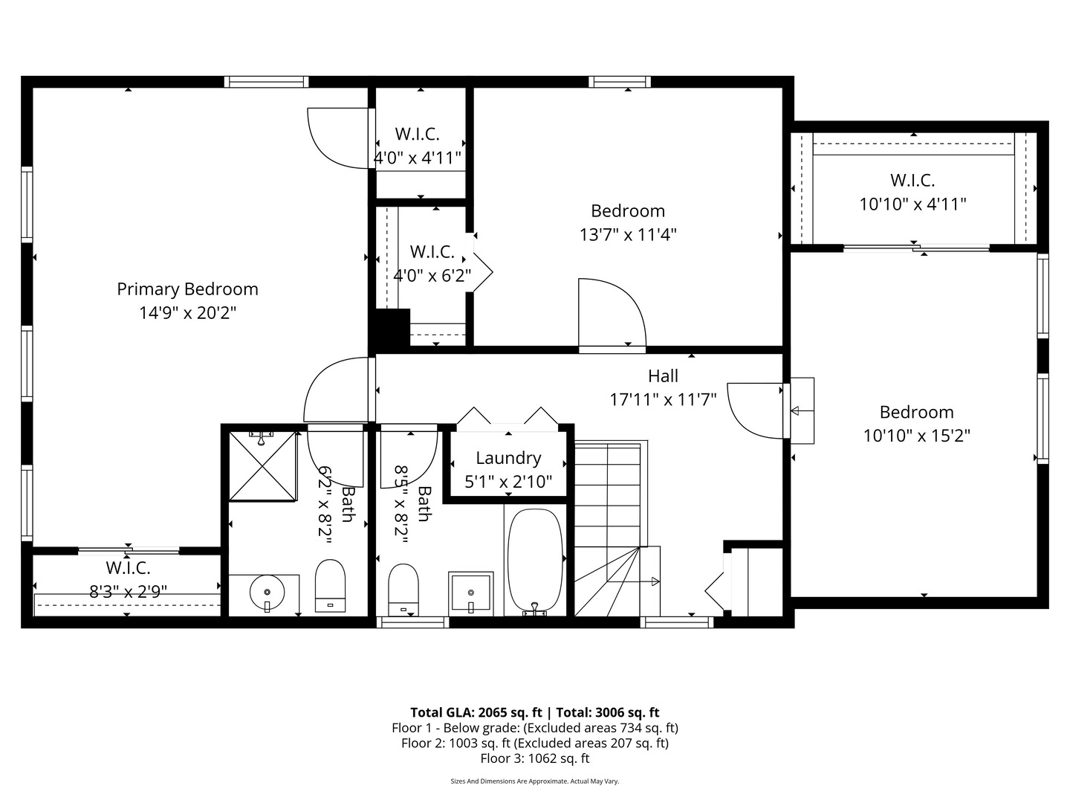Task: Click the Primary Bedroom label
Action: (x=187, y=289)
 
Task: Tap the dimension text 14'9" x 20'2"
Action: (x=187, y=313)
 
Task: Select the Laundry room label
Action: (x=508, y=458)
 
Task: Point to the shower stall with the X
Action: (x=262, y=465)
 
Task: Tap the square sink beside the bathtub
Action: (x=470, y=592)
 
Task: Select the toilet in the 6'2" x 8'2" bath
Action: (x=331, y=585)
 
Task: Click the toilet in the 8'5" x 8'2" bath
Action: (x=403, y=590)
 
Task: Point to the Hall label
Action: (x=663, y=376)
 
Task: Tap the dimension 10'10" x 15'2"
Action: (x=916, y=436)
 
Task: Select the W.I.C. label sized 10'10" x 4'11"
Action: (x=912, y=180)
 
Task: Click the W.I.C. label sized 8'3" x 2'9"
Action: (x=128, y=568)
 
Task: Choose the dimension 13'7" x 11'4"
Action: (x=628, y=235)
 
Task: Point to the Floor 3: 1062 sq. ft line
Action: (x=534, y=758)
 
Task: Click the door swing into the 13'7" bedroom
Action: (x=611, y=312)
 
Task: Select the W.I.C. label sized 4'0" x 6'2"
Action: (x=432, y=251)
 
